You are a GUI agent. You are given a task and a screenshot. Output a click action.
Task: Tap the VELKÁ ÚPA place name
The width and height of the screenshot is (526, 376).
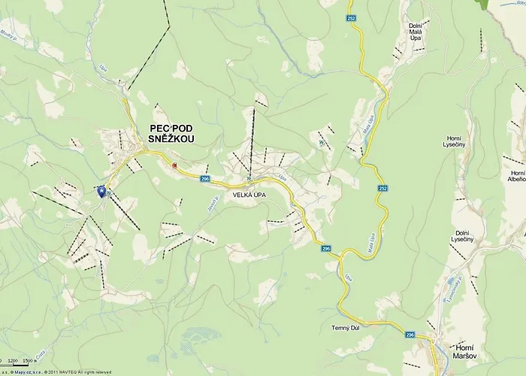click(x=249, y=195)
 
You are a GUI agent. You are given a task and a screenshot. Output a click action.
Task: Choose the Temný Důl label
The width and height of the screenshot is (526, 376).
click(x=347, y=328)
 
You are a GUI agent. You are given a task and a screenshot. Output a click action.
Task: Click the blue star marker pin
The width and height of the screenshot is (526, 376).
click(x=101, y=191)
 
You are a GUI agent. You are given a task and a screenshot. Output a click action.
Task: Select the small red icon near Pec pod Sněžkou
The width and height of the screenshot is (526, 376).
click(x=175, y=165)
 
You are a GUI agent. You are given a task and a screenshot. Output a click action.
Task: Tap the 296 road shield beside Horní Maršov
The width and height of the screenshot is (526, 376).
click(x=410, y=335)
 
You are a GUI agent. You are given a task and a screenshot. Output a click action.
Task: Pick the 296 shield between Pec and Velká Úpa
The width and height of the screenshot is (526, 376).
click(x=205, y=179)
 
